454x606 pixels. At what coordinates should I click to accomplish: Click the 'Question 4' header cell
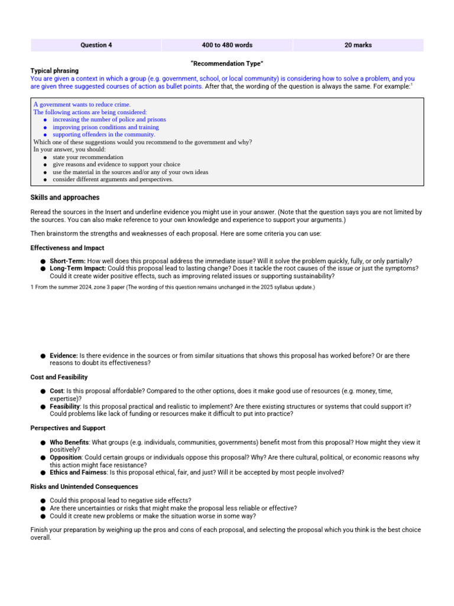96,45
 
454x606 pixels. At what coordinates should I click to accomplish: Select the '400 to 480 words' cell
227,45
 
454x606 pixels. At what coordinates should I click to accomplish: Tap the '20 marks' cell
358,45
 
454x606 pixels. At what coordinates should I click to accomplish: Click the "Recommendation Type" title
227,63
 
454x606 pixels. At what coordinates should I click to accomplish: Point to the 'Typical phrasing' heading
54,71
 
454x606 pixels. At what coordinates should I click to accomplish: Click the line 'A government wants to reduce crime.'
82,105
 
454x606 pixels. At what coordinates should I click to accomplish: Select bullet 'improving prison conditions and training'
105,127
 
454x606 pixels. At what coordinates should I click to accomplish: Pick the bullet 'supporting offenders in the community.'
103,134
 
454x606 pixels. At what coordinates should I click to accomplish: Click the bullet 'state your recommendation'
87,157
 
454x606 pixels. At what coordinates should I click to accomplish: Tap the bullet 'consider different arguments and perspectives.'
112,179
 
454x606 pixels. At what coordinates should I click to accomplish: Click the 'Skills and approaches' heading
65,198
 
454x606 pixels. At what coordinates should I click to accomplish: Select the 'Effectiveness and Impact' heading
67,248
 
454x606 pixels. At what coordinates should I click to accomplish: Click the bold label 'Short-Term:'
67,261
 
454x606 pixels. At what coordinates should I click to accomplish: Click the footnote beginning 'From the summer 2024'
173,287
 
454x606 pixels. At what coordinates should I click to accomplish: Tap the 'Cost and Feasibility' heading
59,377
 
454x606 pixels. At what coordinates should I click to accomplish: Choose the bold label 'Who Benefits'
69,443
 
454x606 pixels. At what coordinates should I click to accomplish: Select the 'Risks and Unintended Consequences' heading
84,486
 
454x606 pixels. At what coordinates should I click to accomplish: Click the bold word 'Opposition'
66,457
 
